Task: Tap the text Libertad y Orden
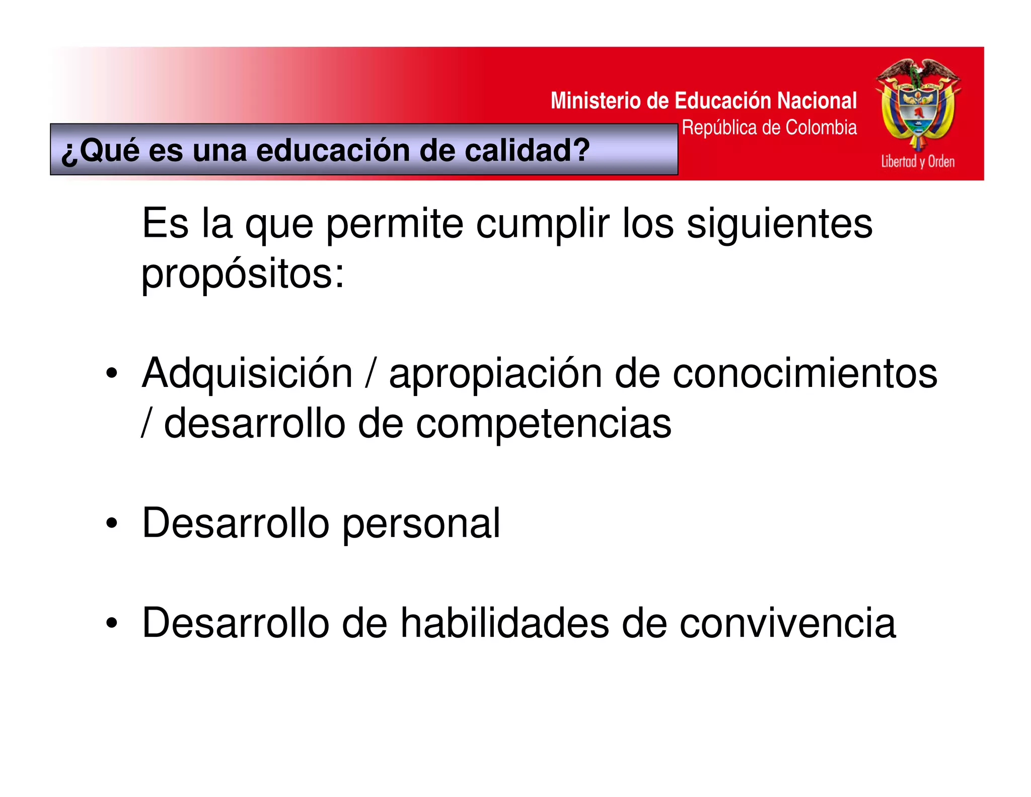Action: [x=917, y=162]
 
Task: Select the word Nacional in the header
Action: [x=817, y=101]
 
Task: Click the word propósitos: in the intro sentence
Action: [x=243, y=275]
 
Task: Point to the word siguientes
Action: [x=779, y=224]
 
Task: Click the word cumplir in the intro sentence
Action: [x=542, y=224]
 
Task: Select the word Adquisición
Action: [x=247, y=373]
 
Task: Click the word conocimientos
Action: [x=804, y=373]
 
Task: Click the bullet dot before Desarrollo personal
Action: [x=112, y=523]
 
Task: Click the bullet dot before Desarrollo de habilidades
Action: [x=112, y=623]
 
